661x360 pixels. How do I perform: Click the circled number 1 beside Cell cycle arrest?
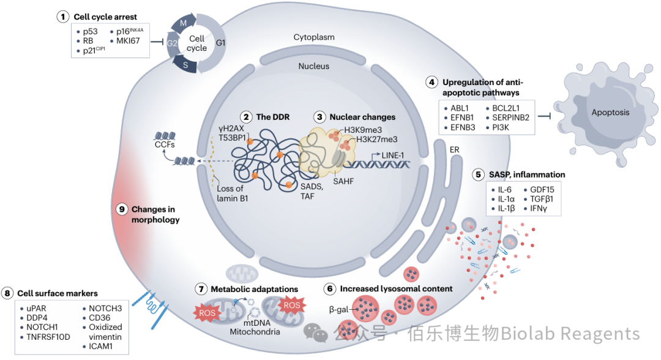[x=63, y=17]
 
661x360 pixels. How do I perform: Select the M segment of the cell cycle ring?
[x=184, y=23]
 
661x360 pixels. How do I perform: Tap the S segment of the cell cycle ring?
[x=185, y=65]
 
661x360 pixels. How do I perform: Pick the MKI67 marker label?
[x=128, y=41]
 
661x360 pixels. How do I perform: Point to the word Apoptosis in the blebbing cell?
[x=610, y=113]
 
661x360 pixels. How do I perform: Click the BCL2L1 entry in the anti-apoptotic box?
[x=506, y=108]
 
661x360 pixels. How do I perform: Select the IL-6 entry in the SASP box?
[x=504, y=190]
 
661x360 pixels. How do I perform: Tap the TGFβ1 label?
[x=542, y=199]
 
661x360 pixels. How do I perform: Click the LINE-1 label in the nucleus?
[x=392, y=156]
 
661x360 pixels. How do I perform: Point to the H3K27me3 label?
[x=377, y=140]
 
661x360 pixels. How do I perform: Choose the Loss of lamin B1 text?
[x=233, y=193]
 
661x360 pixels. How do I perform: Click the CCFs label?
[x=165, y=144]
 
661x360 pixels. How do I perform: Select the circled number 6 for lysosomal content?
[x=330, y=289]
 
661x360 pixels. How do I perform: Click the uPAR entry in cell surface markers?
[x=36, y=309]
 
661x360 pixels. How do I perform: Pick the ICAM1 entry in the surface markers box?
[x=101, y=347]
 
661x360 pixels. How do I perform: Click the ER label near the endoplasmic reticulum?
[x=454, y=150]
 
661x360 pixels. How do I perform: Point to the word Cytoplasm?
[x=314, y=37]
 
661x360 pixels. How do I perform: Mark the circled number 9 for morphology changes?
[x=122, y=209]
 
